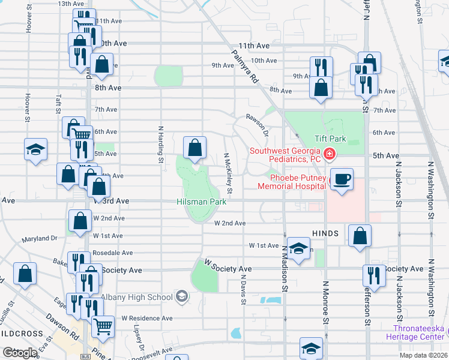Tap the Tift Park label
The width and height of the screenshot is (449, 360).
click(330, 139)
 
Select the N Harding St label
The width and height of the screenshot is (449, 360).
click(160, 143)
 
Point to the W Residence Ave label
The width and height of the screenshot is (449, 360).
click(147, 318)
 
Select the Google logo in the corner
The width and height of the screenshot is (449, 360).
click(20, 353)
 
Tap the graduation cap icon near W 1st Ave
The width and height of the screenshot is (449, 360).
click(298, 248)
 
